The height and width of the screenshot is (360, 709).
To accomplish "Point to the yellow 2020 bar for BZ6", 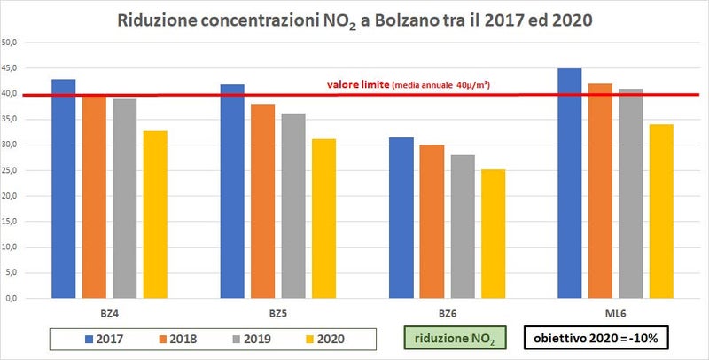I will coord(493,234).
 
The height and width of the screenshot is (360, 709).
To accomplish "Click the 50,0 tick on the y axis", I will coord(16,43).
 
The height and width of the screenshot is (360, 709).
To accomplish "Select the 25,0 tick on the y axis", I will coord(16,170).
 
